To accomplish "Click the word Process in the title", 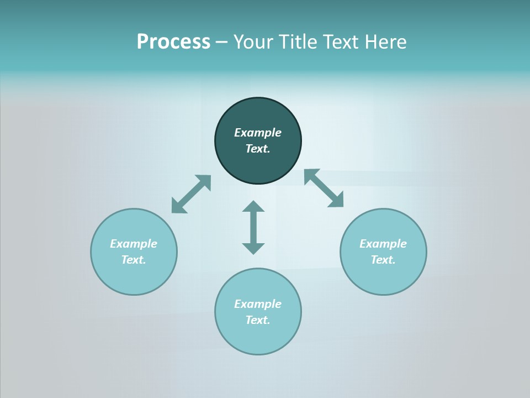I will [173, 42].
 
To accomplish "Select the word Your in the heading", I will [254, 42].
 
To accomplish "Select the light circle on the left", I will [134, 276].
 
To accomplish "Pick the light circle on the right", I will [383, 276].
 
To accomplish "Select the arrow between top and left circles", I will [191, 194].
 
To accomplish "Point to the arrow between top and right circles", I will [324, 188].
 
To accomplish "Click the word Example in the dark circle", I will [258, 133].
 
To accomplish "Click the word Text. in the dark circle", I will [258, 149].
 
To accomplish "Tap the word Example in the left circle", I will [134, 244].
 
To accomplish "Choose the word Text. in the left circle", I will [134, 260].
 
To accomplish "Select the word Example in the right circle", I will [383, 244].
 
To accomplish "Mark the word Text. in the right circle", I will [383, 260].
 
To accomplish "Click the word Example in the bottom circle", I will [258, 304].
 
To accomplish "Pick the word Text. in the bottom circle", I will [258, 320].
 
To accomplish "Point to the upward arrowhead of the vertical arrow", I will [253, 207].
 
